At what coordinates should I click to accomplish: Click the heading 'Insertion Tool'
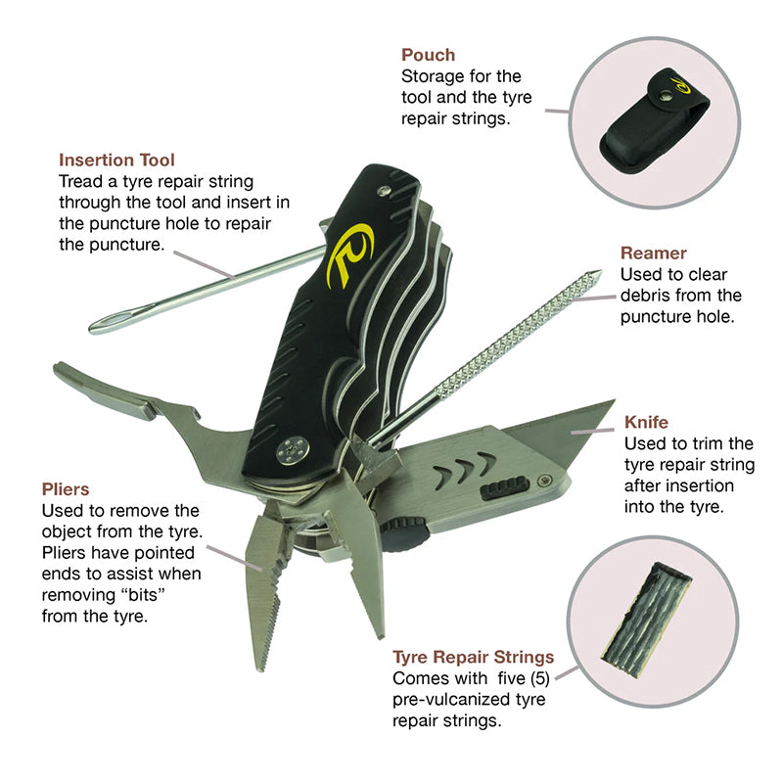pyautogui.click(x=116, y=160)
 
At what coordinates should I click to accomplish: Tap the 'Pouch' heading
pyautogui.click(x=428, y=55)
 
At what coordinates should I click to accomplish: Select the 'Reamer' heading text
pyautogui.click(x=653, y=253)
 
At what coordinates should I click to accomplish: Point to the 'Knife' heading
pyautogui.click(x=646, y=422)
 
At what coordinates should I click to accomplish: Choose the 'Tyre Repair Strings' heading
pyautogui.click(x=473, y=657)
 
